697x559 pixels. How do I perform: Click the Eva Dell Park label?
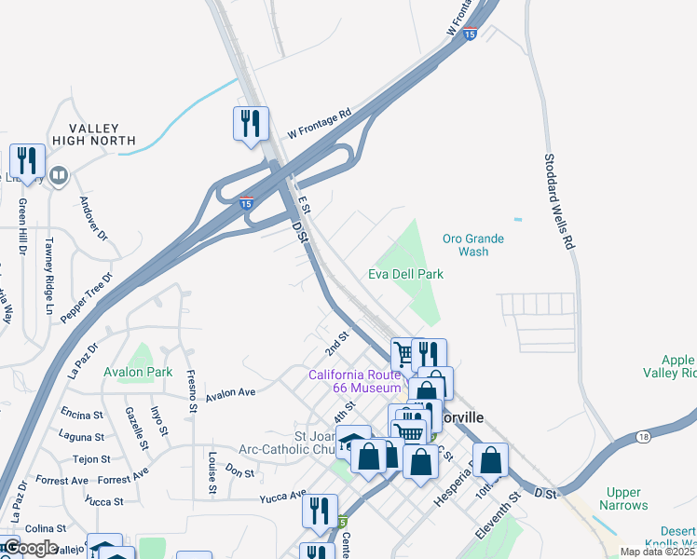tap(405, 274)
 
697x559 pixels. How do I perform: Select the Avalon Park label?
tap(138, 372)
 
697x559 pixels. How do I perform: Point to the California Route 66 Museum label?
tap(355, 381)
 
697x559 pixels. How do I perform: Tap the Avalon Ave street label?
tap(230, 393)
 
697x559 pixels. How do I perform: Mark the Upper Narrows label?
tap(624, 498)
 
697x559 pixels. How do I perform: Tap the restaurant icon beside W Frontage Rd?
tap(251, 124)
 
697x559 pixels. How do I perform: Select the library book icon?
tap(59, 175)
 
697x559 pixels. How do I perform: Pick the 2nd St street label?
tap(335, 343)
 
